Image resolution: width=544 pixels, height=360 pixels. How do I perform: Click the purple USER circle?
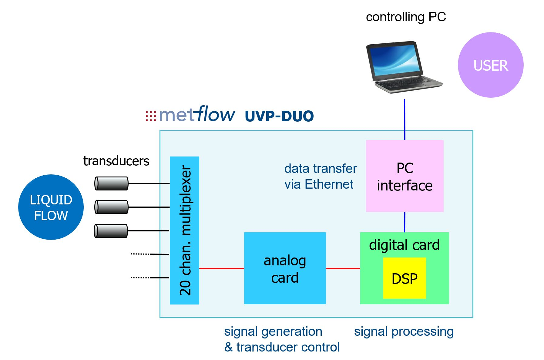[490, 65]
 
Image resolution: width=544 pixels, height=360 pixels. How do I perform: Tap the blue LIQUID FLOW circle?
[51, 207]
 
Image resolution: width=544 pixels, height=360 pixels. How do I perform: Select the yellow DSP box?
[405, 278]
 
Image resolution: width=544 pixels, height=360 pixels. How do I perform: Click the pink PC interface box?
[405, 176]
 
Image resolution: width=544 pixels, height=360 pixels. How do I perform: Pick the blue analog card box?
[285, 268]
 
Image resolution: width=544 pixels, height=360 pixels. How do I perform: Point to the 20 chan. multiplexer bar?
[184, 230]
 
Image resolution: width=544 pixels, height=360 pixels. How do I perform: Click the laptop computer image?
[404, 67]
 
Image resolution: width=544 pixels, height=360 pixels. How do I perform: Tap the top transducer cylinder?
[111, 183]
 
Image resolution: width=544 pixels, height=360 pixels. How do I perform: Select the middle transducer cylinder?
[111, 207]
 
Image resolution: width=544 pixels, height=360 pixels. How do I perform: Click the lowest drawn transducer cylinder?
[111, 231]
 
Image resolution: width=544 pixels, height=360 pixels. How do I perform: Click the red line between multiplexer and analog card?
[222, 268]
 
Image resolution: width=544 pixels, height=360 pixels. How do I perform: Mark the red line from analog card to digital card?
[343, 268]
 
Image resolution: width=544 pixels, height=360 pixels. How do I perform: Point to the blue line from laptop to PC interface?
[405, 120]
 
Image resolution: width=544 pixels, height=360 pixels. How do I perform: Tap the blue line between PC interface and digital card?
[405, 222]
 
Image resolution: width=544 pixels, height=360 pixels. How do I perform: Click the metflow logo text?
[190, 114]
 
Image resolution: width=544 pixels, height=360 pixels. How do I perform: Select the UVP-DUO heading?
[279, 116]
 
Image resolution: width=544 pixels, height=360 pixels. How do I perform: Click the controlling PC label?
[406, 17]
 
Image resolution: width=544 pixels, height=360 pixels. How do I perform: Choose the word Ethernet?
[329, 184]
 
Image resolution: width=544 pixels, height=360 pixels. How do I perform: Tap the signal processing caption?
[404, 332]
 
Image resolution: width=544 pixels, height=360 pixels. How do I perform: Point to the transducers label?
[116, 161]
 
